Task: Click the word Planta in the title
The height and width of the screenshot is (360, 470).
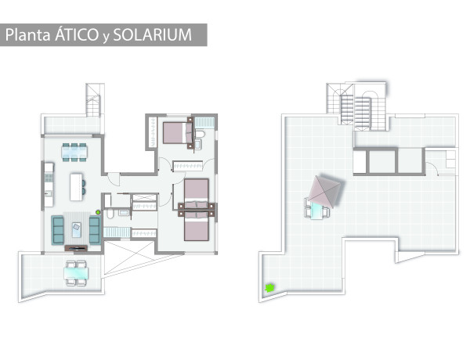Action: click(x=27, y=35)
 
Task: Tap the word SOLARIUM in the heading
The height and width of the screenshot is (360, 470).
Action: click(x=153, y=34)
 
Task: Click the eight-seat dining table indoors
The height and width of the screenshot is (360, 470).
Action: click(x=74, y=152)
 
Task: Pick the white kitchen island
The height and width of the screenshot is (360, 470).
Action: click(x=76, y=187)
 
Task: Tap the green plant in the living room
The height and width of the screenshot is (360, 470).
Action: click(x=98, y=212)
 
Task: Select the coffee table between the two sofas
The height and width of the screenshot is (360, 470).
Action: click(x=77, y=230)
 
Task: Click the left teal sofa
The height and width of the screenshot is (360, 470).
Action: click(x=57, y=230)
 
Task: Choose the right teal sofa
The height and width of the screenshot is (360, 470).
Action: click(x=95, y=230)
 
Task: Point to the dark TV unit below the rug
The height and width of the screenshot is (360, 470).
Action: click(x=76, y=248)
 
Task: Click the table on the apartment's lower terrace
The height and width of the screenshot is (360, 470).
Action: click(x=76, y=273)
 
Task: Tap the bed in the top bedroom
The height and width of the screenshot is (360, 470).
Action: click(x=178, y=133)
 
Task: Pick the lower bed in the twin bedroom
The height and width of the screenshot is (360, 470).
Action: click(x=197, y=227)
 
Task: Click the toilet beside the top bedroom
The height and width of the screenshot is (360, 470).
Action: click(x=200, y=134)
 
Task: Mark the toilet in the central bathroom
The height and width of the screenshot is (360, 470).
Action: click(x=110, y=214)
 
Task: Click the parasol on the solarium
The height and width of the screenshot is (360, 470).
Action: click(x=324, y=192)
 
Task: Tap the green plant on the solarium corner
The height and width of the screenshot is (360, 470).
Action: click(x=269, y=288)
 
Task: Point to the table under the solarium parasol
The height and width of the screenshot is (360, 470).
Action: click(x=317, y=211)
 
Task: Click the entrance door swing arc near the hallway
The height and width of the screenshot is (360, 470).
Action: click(x=114, y=179)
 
